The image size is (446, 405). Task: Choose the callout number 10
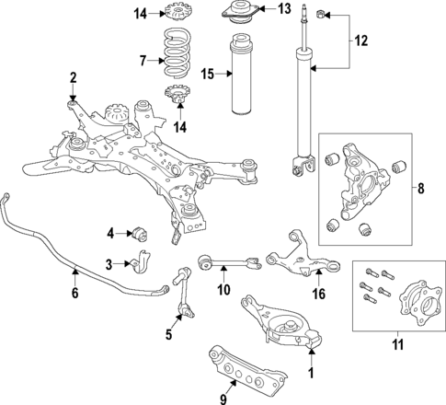[223, 291]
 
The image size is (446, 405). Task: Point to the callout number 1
[310, 373]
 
